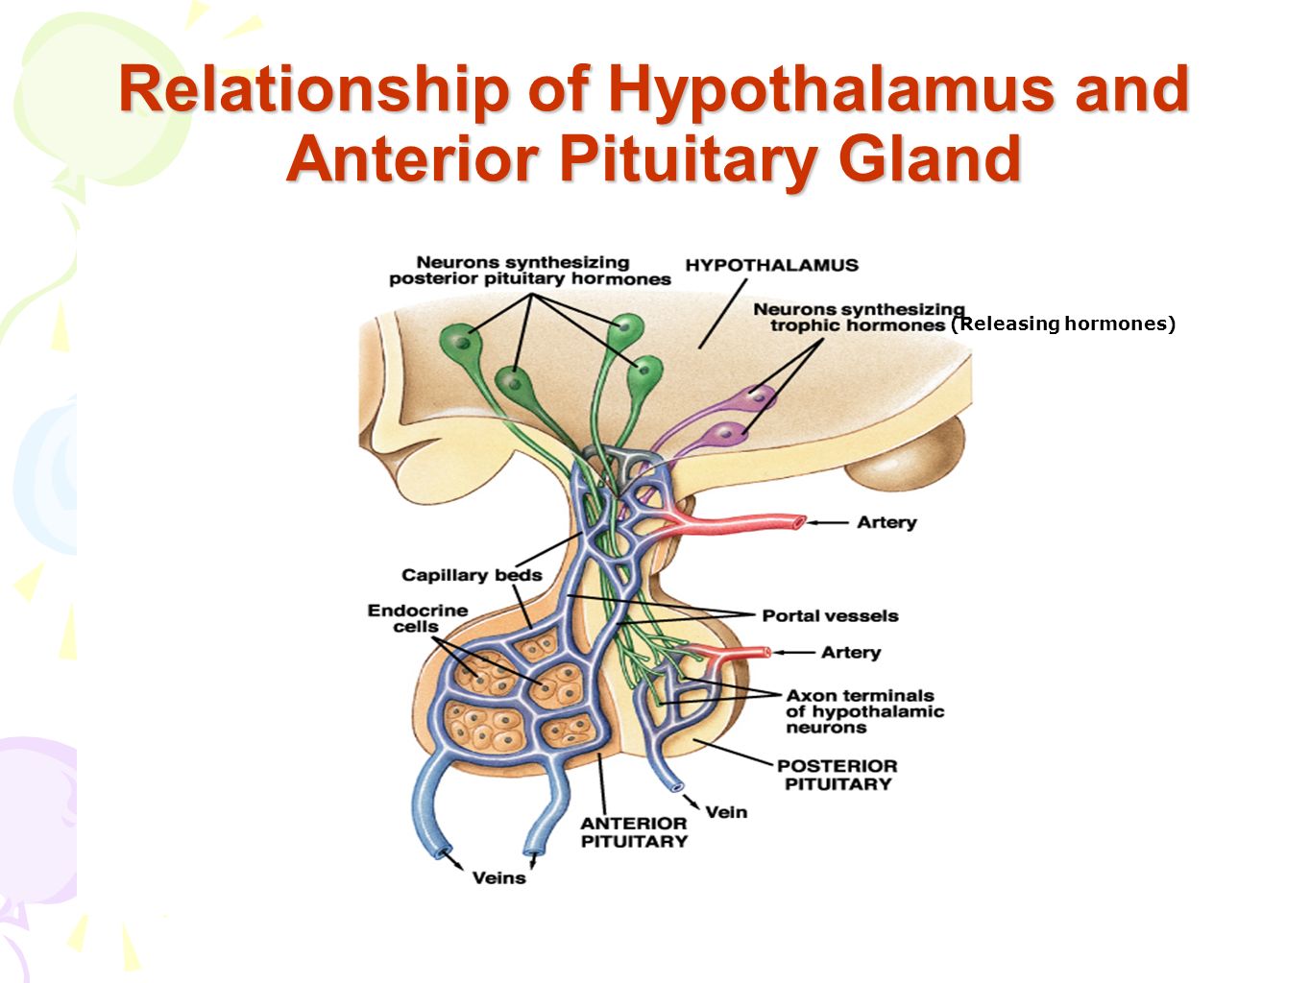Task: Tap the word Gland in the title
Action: [x=930, y=158]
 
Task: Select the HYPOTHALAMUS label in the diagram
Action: [x=771, y=265]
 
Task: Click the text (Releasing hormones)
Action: [x=1063, y=324]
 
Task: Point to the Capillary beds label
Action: [x=472, y=575]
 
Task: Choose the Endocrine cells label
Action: [x=418, y=618]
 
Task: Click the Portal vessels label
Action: [x=830, y=616]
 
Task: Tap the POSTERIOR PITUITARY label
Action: [x=838, y=775]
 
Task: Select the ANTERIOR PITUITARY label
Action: [x=634, y=832]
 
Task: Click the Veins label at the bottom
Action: [x=498, y=878]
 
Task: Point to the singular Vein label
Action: [x=726, y=812]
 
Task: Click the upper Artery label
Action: [x=886, y=522]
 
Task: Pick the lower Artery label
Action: [x=851, y=653]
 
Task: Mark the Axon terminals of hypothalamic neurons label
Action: [x=864, y=711]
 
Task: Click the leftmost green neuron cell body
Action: [x=460, y=342]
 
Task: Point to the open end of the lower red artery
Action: [x=765, y=653]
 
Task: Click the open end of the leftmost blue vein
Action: [x=442, y=851]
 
